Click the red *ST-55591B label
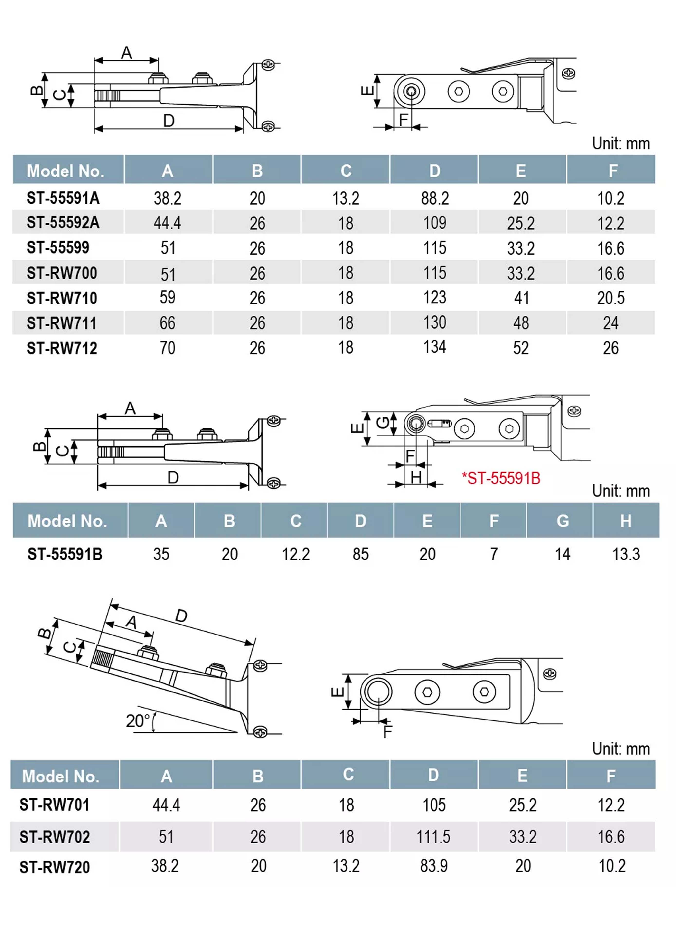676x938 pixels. pyautogui.click(x=501, y=479)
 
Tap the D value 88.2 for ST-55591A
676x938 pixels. pyautogui.click(x=434, y=199)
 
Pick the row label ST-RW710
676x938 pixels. pyautogui.click(x=62, y=298)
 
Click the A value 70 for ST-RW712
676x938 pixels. pyautogui.click(x=168, y=348)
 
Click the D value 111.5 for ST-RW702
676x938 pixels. pyautogui.click(x=433, y=837)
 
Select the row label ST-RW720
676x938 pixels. pyautogui.click(x=55, y=867)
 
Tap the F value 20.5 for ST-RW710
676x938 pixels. pyautogui.click(x=611, y=298)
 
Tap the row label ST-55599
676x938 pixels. pyautogui.click(x=58, y=248)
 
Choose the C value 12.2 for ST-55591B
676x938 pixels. pyautogui.click(x=296, y=554)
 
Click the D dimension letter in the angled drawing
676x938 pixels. pyautogui.click(x=181, y=616)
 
